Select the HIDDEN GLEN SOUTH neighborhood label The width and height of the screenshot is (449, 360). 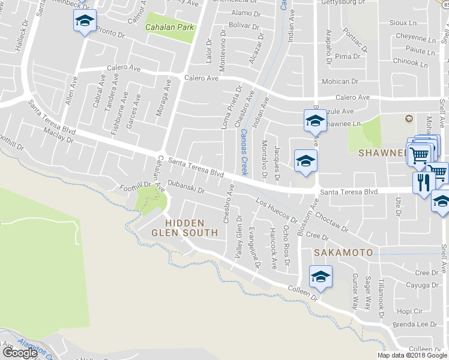coord(184,227)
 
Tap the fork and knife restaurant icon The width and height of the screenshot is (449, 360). coord(423,181)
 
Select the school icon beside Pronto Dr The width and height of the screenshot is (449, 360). coord(85,22)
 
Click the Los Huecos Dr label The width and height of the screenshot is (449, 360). coord(277,211)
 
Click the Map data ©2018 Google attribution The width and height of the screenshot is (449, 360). coord(412,355)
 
